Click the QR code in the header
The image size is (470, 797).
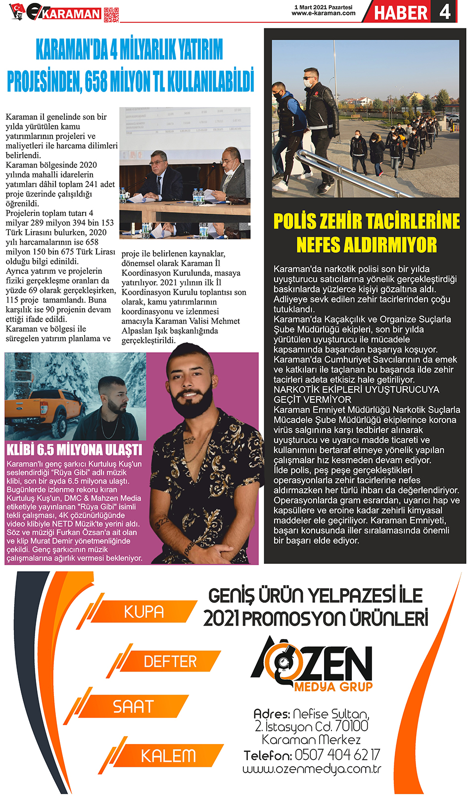pyautogui.click(x=111, y=15)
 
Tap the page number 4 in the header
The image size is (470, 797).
pyautogui.click(x=445, y=11)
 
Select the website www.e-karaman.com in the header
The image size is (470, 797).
pyautogui.click(x=323, y=13)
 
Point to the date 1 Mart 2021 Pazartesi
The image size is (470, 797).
pyautogui.click(x=323, y=7)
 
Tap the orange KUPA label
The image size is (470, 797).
pyautogui.click(x=143, y=612)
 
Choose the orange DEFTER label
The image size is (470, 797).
pyautogui.click(x=170, y=661)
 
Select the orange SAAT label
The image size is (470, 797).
pyautogui.click(x=133, y=706)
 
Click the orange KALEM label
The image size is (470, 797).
pyautogui.click(x=168, y=756)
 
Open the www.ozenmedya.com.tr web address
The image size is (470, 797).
pyautogui.click(x=312, y=769)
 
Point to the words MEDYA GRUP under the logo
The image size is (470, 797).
pyautogui.click(x=333, y=687)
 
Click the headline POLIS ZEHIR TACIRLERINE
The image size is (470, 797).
pyautogui.click(x=367, y=221)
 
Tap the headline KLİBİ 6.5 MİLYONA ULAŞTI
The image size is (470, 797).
pyautogui.click(x=74, y=450)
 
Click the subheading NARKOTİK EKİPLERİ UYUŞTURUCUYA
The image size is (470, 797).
pyautogui.click(x=356, y=389)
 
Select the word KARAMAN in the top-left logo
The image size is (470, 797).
pyautogui.click(x=71, y=14)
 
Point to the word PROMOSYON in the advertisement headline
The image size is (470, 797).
pyautogui.click(x=295, y=619)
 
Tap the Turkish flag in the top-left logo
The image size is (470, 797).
pyautogui.click(x=17, y=8)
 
